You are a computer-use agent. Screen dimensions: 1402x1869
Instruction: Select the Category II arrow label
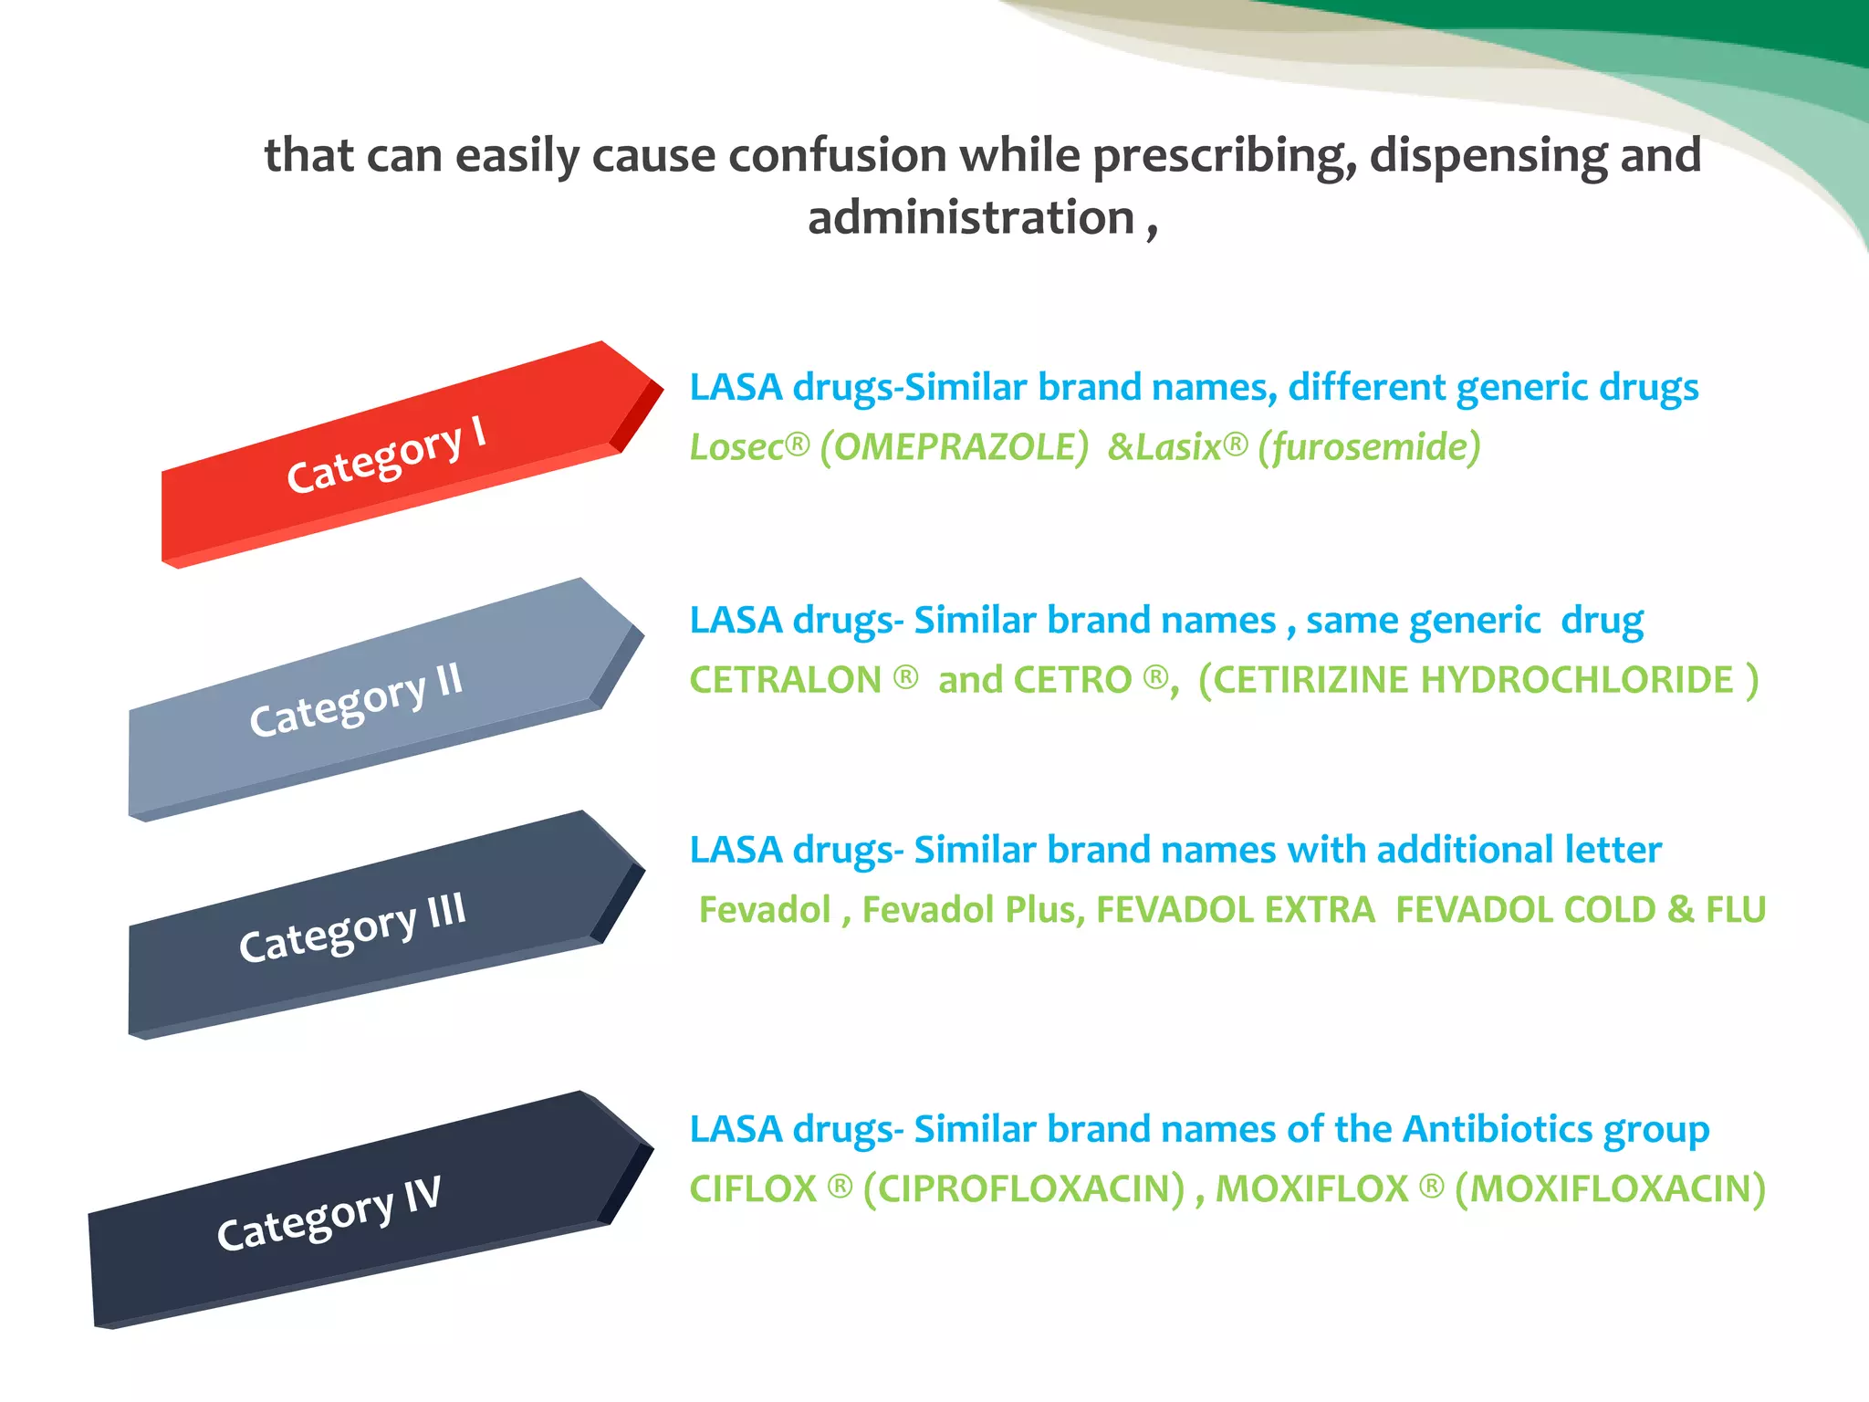coord(356,700)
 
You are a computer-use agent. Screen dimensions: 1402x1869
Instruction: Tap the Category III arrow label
coord(352,927)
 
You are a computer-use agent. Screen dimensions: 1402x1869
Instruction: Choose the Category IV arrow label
coord(329,1213)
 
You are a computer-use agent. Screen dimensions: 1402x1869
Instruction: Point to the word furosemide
coord(1369,447)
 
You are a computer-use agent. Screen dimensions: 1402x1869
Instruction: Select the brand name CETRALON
coord(785,680)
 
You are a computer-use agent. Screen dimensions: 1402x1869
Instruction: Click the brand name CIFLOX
coord(753,1188)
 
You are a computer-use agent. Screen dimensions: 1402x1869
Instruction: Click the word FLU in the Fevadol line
coord(1736,910)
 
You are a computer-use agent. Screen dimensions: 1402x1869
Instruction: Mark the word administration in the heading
coord(971,218)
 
